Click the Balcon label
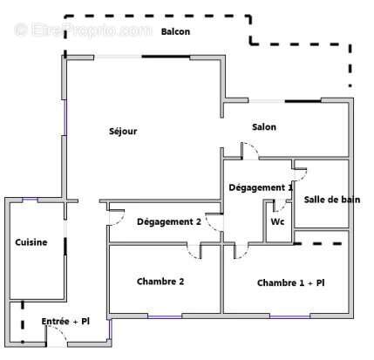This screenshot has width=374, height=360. pyautogui.click(x=176, y=31)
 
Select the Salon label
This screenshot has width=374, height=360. pyautogui.click(x=264, y=127)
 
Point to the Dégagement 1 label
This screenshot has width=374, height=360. pyautogui.click(x=260, y=187)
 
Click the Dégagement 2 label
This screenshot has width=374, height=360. pyautogui.click(x=169, y=221)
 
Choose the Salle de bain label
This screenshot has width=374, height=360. pyautogui.click(x=331, y=200)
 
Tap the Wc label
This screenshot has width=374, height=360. pyautogui.click(x=277, y=221)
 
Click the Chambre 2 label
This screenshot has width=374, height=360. pyautogui.click(x=160, y=281)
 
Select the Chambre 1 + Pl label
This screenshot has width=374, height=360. pyautogui.click(x=290, y=283)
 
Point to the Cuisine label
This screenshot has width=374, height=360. pyautogui.click(x=31, y=242)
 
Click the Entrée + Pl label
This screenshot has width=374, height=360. pyautogui.click(x=65, y=322)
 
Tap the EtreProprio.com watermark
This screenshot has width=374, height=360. pyautogui.click(x=83, y=31)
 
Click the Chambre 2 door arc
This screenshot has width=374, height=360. pyautogui.click(x=194, y=250)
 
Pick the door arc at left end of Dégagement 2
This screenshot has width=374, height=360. pyautogui.click(x=114, y=220)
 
